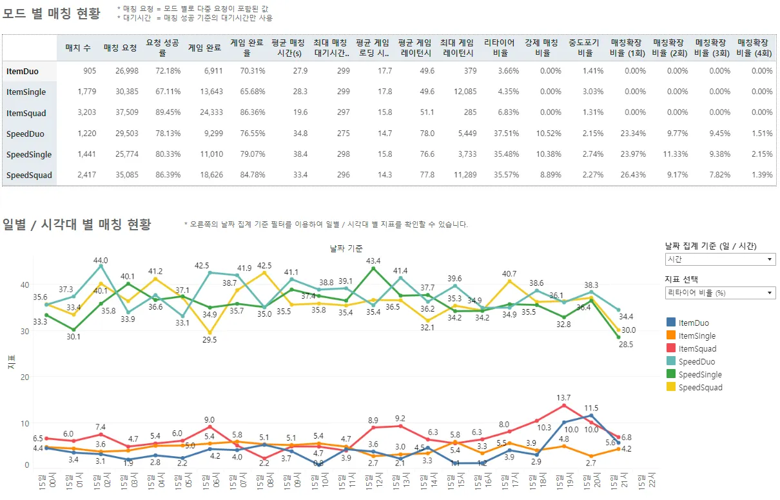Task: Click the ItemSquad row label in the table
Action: click(26, 113)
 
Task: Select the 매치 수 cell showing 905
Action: click(89, 71)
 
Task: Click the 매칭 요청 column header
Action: click(120, 47)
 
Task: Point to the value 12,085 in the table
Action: click(464, 92)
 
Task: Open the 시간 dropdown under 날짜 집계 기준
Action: click(719, 259)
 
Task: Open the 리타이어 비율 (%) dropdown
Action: click(719, 293)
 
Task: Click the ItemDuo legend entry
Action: click(693, 323)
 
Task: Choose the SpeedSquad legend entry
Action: click(700, 388)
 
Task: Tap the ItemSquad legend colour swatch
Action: click(670, 349)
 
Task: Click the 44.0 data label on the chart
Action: click(101, 260)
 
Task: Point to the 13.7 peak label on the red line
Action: click(563, 398)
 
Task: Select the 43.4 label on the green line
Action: click(373, 261)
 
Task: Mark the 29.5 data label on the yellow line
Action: click(210, 340)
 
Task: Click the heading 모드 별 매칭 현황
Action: click(52, 13)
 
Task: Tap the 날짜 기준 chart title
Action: click(346, 248)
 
